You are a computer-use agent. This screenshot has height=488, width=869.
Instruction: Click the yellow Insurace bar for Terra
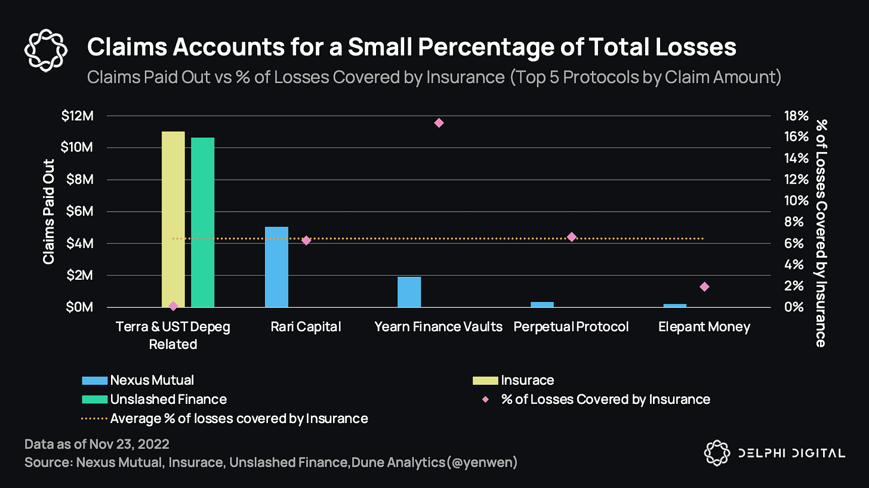click(173, 219)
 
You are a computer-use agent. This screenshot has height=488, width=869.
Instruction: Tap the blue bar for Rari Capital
click(276, 267)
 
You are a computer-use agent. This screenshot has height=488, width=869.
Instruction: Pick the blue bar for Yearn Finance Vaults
click(409, 292)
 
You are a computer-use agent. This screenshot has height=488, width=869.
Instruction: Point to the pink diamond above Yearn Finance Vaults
click(439, 123)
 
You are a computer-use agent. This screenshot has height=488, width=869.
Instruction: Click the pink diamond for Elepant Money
click(704, 287)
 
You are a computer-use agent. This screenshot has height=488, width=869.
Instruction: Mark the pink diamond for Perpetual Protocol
click(571, 237)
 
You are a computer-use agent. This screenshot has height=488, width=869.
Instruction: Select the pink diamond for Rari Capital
click(306, 240)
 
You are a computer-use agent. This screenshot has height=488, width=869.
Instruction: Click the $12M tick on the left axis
click(78, 116)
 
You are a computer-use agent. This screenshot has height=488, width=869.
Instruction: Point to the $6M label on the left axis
click(80, 211)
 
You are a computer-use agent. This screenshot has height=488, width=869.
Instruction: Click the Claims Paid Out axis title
click(49, 212)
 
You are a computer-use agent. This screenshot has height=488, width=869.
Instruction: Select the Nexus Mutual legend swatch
click(94, 381)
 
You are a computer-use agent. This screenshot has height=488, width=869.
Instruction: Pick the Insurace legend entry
click(527, 381)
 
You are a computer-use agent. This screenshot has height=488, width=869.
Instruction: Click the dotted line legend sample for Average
click(94, 419)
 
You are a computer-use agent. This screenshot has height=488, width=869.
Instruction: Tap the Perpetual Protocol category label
click(571, 327)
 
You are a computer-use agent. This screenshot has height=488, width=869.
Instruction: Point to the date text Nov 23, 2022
click(130, 444)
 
